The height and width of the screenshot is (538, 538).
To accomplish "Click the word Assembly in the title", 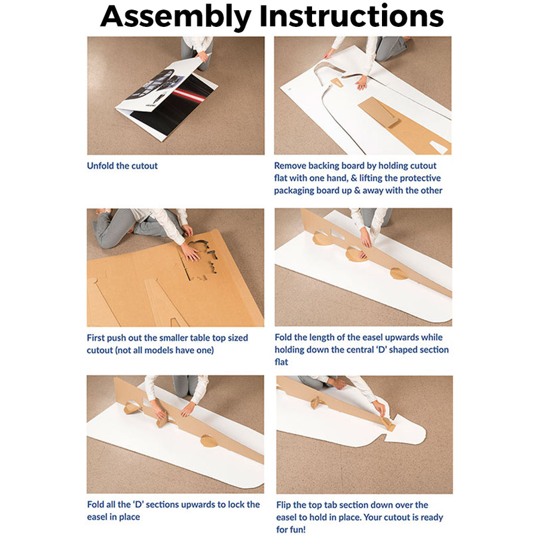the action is coord(175,17).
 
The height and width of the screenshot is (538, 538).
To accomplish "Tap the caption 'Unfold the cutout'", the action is coord(122,166).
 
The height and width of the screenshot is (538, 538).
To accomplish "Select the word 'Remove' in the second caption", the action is coord(290,166).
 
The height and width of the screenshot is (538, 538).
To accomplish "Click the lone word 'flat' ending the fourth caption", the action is coord(282,362).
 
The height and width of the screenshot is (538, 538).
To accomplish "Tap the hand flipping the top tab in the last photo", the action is coord(380,409).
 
